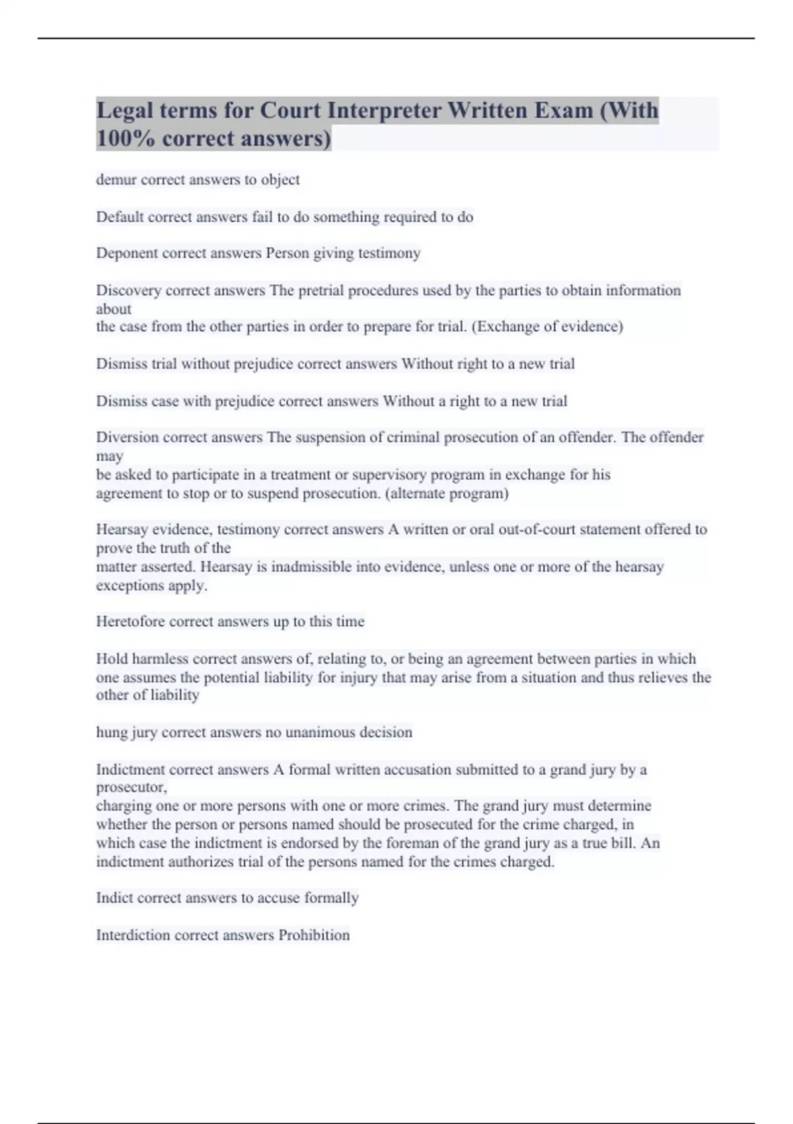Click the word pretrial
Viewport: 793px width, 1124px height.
pos(321,290)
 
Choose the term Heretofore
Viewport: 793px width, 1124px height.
pos(130,622)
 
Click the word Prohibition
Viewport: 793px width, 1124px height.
pos(314,935)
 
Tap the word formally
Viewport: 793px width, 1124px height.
pos(331,898)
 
